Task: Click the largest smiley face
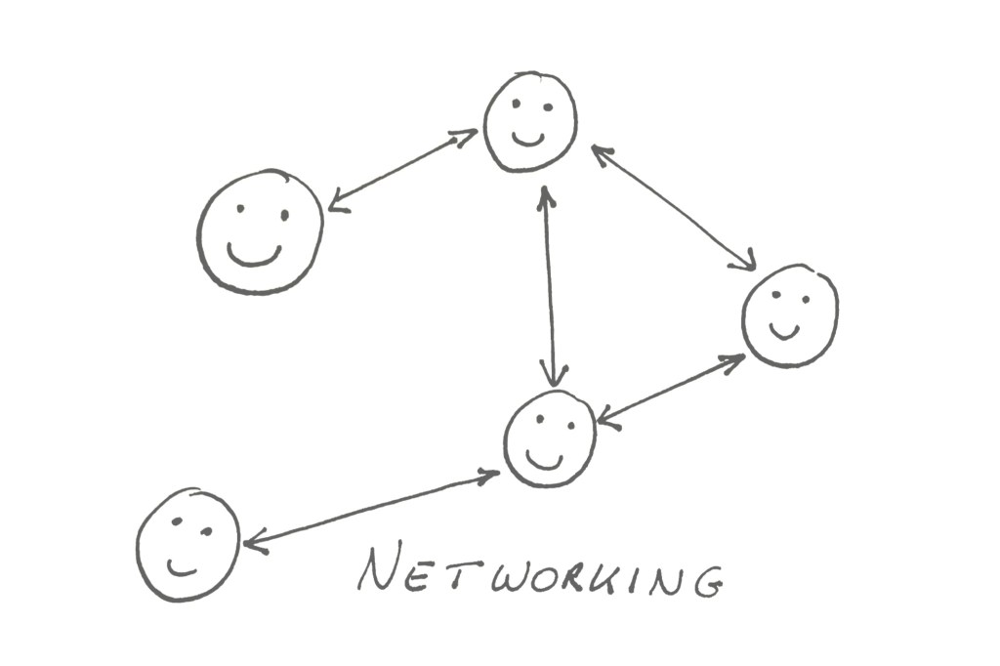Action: tap(260, 231)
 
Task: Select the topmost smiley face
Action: tap(530, 121)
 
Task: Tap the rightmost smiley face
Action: tap(789, 314)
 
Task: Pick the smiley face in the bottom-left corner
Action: tap(187, 544)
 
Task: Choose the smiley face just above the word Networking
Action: tap(550, 437)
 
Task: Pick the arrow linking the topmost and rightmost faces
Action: tap(673, 207)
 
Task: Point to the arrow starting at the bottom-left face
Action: tap(371, 508)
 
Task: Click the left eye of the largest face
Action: tap(239, 208)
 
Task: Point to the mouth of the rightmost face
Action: tap(783, 331)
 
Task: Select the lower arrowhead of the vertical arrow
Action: tap(555, 374)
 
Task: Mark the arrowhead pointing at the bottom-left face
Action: tap(255, 542)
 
